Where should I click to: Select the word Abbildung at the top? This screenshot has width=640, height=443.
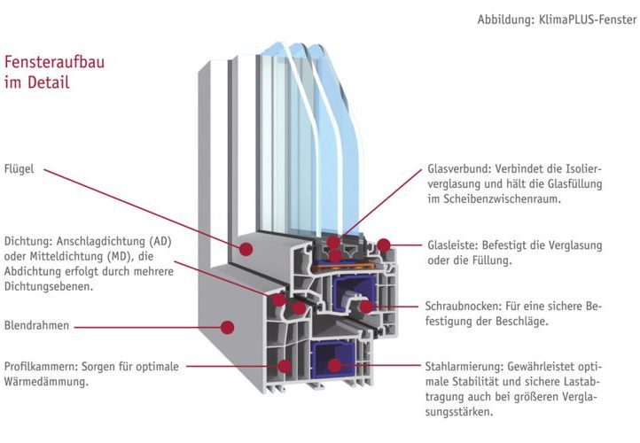coord(506,19)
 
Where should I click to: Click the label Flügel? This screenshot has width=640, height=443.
coord(19,168)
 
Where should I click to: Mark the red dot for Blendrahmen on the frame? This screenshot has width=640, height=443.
coord(228,327)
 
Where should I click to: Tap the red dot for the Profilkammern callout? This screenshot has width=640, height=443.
coord(285,365)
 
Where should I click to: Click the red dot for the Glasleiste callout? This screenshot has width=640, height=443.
coord(383,244)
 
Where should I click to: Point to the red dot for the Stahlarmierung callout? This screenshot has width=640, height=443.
coord(334,364)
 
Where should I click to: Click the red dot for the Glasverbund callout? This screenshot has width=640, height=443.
coord(332,241)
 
